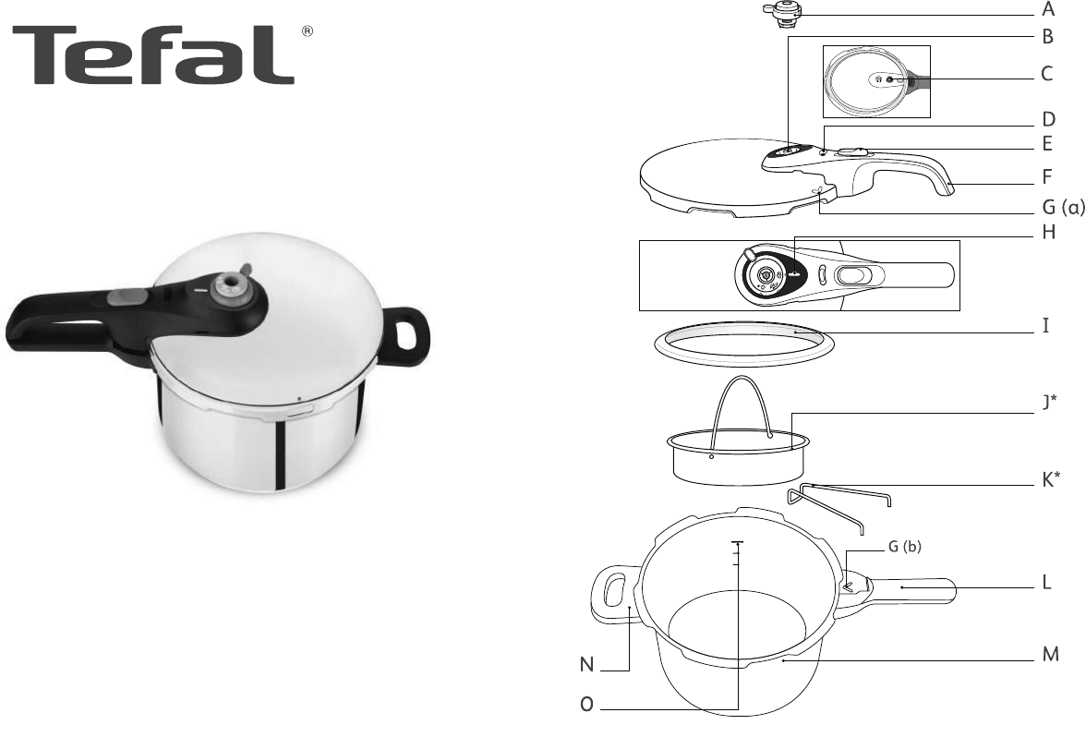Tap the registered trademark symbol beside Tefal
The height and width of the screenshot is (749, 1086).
pyautogui.click(x=308, y=31)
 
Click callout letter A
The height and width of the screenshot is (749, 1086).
pyautogui.click(x=1048, y=10)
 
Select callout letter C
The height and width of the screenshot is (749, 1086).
pyautogui.click(x=1047, y=74)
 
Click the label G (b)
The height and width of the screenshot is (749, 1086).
pyautogui.click(x=905, y=547)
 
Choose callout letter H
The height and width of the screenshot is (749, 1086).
pyautogui.click(x=1049, y=232)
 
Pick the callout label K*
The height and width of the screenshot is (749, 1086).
pyautogui.click(x=1051, y=479)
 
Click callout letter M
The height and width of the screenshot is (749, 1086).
pyautogui.click(x=1051, y=654)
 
